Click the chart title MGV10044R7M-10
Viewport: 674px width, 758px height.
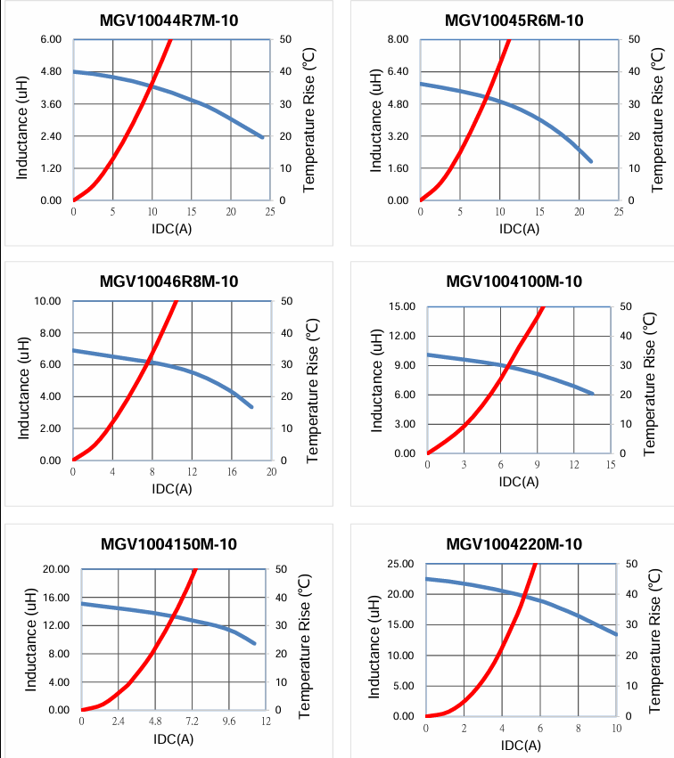coord(168,20)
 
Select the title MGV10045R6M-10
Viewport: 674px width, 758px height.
coord(514,20)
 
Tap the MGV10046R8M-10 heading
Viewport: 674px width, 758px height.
coord(168,281)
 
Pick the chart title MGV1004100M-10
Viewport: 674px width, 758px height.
coord(514,281)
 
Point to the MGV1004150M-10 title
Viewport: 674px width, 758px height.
coord(168,544)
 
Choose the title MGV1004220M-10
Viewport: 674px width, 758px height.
coord(514,544)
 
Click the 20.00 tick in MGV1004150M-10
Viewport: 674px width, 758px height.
coord(54,569)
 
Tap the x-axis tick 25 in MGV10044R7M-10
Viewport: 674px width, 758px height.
coord(270,211)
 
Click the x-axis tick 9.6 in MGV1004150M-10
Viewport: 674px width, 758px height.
coord(229,721)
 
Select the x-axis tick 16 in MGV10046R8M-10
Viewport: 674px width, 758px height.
coord(231,471)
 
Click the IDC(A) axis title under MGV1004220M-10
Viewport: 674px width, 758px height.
coord(519,744)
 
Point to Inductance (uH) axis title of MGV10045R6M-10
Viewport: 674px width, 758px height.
coord(375,120)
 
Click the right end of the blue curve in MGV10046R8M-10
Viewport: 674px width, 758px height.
coord(252,407)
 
